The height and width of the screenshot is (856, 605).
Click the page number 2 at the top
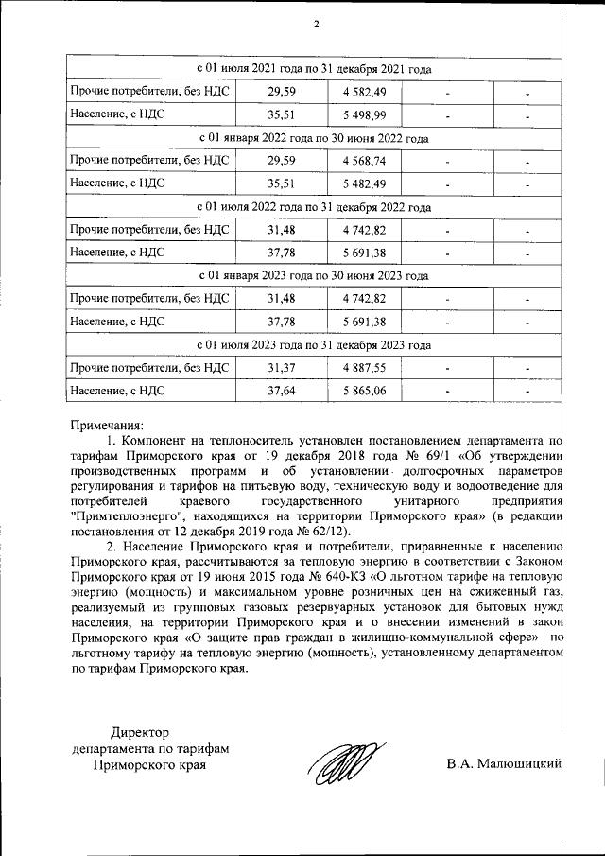pos(316,24)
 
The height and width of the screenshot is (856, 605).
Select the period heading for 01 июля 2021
pos(314,70)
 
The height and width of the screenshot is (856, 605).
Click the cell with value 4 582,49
pos(364,93)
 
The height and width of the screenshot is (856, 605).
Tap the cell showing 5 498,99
pos(364,115)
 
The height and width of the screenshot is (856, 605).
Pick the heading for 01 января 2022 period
pos(314,138)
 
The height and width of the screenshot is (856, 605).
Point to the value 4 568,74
pos(364,161)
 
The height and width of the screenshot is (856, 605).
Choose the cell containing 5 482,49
pos(364,183)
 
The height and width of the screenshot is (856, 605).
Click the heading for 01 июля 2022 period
pos(314,206)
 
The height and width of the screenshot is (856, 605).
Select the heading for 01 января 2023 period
pos(314,275)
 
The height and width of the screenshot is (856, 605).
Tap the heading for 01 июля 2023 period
pos(314,344)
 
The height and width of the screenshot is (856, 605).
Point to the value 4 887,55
pos(364,367)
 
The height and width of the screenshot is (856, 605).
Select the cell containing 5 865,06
pos(364,390)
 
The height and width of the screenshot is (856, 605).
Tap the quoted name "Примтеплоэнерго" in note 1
pos(129,515)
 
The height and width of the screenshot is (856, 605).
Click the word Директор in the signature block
pos(144,732)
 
